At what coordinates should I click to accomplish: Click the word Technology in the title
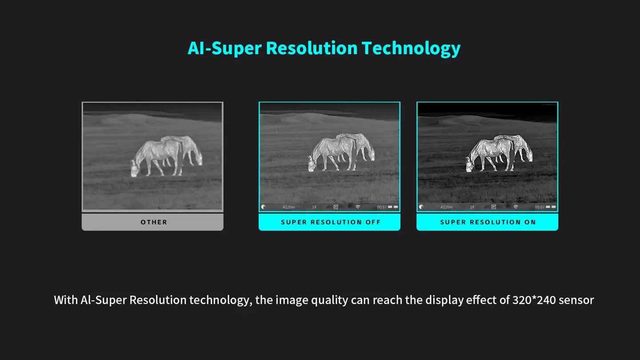[411, 48]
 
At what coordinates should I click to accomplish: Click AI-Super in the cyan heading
[224, 48]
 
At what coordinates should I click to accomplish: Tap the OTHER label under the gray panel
[154, 222]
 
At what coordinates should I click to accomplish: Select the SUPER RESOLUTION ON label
[488, 222]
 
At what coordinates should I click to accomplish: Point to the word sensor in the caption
[576, 300]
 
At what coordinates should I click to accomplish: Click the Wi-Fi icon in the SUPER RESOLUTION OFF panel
[358, 207]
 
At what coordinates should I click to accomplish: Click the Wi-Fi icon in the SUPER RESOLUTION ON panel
[516, 207]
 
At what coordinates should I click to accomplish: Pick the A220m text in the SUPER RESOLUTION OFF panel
[289, 207]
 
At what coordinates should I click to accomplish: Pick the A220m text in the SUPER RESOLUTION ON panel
[447, 207]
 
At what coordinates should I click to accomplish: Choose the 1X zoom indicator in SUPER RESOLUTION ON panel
[472, 207]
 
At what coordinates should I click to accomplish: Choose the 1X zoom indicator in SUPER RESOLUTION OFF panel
[314, 207]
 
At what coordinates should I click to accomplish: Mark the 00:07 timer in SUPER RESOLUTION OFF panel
[382, 207]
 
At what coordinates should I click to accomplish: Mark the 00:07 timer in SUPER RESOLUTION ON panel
[540, 207]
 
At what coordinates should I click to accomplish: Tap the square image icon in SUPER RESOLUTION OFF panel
[336, 207]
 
